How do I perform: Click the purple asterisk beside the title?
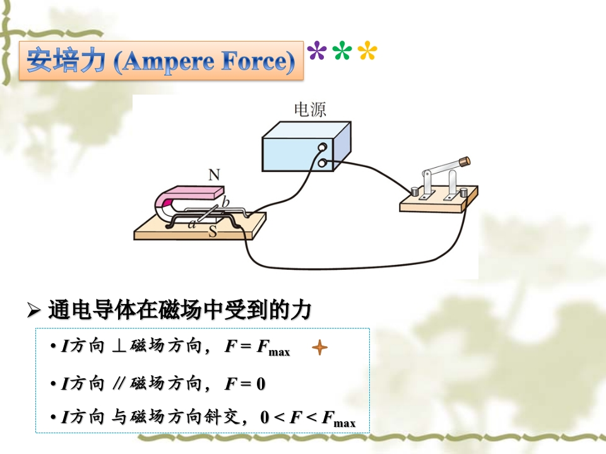point(316,50)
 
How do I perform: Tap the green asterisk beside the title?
point(342,50)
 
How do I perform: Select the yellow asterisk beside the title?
point(367,50)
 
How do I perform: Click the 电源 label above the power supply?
point(310,109)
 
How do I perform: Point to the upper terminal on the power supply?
point(323,147)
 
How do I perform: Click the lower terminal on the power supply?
point(322,163)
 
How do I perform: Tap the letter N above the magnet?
point(214,175)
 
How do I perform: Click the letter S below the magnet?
point(213,231)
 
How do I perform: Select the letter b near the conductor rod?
point(225,202)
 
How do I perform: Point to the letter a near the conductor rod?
point(192,223)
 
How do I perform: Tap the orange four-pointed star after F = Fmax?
point(319,347)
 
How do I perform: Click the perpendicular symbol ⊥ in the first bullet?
point(119,346)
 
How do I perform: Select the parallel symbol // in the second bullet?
point(119,383)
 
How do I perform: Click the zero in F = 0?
point(261,384)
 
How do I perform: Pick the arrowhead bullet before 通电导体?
point(34,310)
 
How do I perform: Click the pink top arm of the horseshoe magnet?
point(193,192)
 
